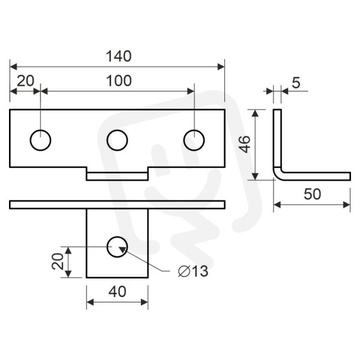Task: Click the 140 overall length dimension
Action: [x=119, y=56]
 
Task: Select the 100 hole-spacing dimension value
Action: [x=119, y=81]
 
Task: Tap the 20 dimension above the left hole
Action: [x=25, y=81]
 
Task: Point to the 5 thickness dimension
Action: [x=296, y=83]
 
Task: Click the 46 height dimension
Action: [x=244, y=144]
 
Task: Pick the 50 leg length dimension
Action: [x=312, y=194]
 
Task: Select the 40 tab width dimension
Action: [x=118, y=292]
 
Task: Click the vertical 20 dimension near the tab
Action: [x=58, y=261]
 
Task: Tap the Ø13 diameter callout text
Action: [x=193, y=271]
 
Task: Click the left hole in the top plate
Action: [x=40, y=130]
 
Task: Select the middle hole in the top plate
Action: [x=118, y=130]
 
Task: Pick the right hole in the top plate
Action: [x=194, y=130]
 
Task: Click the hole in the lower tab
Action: [x=118, y=237]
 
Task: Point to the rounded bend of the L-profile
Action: [x=277, y=176]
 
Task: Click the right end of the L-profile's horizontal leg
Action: [x=350, y=176]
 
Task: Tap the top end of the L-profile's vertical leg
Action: [x=277, y=110]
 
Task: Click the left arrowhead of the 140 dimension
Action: [x=13, y=67]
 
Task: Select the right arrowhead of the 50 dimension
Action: [x=347, y=205]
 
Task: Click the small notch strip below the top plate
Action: [x=118, y=176]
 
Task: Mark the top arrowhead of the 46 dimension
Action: [x=256, y=113]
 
